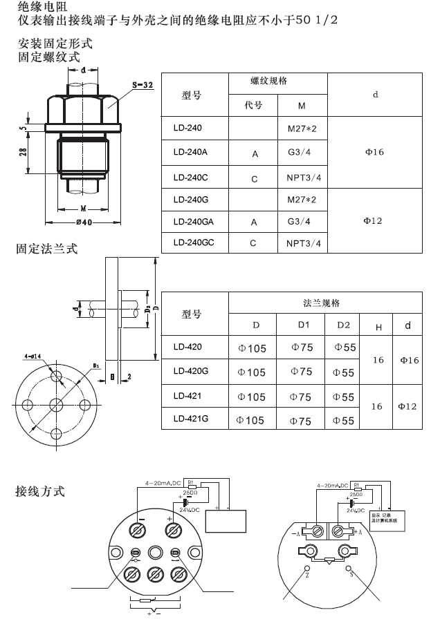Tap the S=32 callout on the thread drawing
[x=143, y=84]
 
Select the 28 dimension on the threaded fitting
[x=23, y=153]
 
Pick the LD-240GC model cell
[x=193, y=242]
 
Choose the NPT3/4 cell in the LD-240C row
[x=304, y=178]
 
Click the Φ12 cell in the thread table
[x=374, y=220]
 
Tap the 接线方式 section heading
[x=40, y=492]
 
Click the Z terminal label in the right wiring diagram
[x=306, y=575]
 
